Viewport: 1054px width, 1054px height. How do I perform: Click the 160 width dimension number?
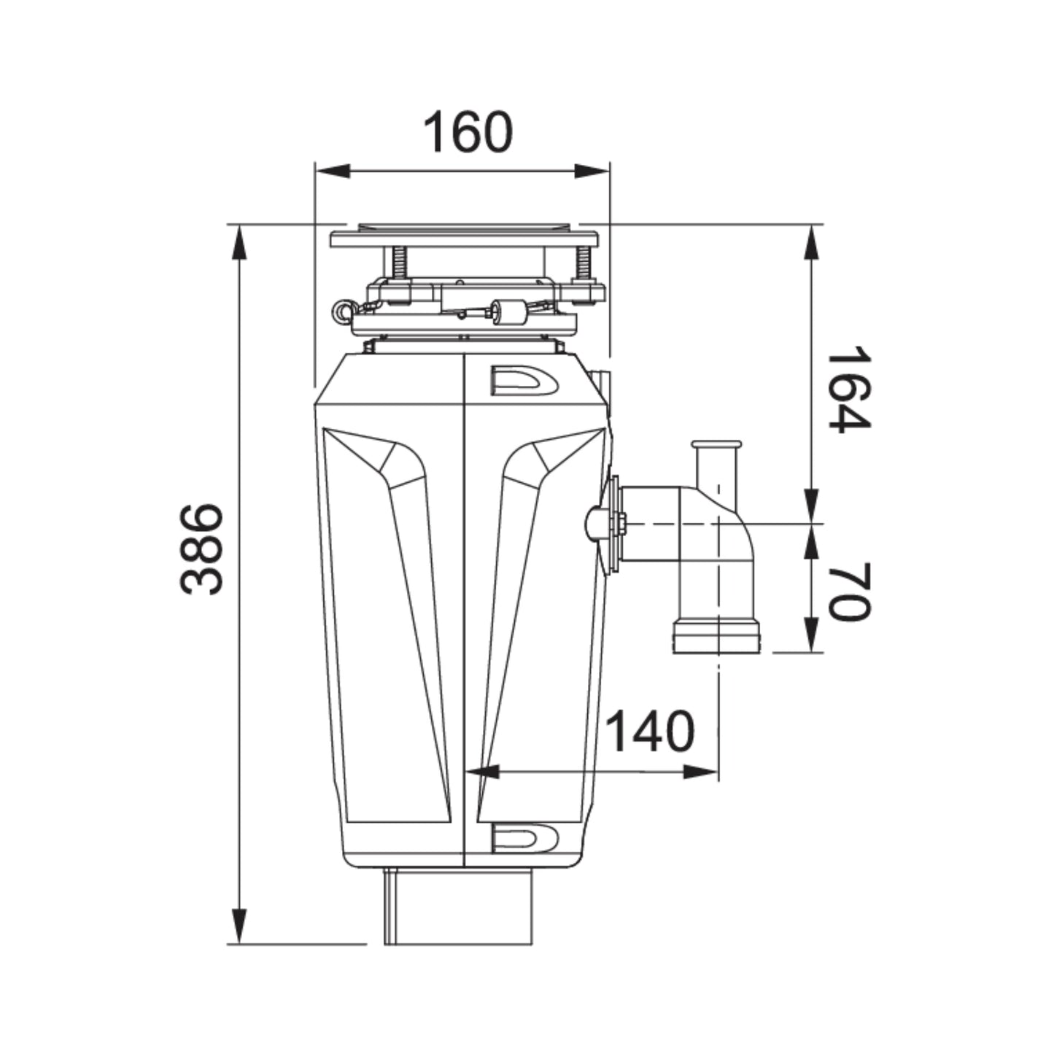(x=469, y=132)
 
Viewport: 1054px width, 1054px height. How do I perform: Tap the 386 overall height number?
(x=201, y=549)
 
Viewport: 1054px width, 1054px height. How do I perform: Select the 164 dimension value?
(x=848, y=388)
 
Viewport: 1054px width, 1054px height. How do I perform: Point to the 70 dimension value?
(x=848, y=592)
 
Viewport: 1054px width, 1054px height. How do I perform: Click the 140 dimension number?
(x=650, y=732)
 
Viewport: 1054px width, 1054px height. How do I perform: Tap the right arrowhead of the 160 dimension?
(x=592, y=171)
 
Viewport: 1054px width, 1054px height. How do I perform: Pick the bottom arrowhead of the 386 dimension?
(x=239, y=925)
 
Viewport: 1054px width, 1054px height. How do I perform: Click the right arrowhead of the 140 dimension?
(x=700, y=772)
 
